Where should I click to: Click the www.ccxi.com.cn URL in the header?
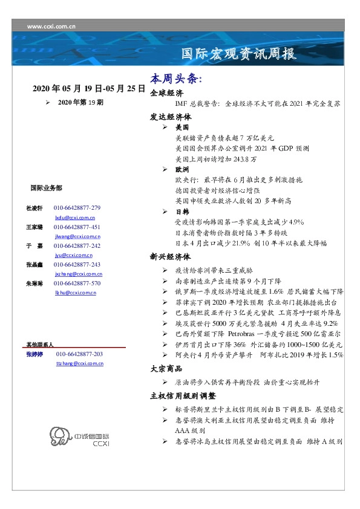click(51, 27)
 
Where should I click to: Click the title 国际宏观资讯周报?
click(239, 54)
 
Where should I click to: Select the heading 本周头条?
click(176, 79)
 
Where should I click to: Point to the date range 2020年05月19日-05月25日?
click(89, 88)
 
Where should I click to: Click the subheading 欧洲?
click(182, 170)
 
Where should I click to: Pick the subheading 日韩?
click(182, 212)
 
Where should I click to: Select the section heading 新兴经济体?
click(171, 256)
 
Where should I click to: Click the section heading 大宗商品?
click(166, 368)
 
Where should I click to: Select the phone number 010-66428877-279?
click(77, 208)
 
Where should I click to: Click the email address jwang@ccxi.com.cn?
click(77, 237)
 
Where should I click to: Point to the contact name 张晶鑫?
click(34, 265)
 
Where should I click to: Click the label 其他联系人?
click(40, 344)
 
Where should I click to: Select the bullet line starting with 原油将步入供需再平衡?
click(254, 383)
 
